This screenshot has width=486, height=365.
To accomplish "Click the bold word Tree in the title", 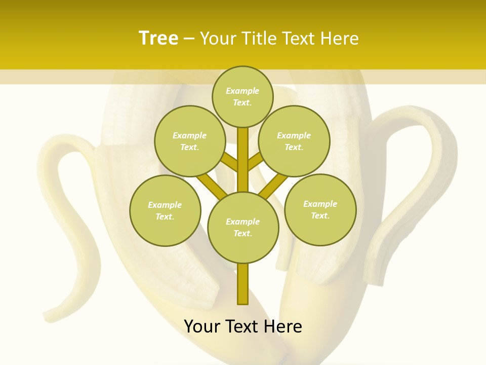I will [158, 39].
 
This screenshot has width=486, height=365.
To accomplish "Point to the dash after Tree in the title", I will [189, 39].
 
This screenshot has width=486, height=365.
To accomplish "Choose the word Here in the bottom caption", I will [283, 326].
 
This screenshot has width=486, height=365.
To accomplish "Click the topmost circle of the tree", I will [242, 96].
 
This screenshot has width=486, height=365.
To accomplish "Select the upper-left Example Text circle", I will [190, 141].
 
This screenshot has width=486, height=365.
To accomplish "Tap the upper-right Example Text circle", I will [294, 141].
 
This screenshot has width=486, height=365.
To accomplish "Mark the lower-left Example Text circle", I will [165, 210].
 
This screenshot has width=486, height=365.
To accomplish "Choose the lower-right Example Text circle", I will [320, 209].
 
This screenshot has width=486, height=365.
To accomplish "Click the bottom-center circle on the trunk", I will [243, 227].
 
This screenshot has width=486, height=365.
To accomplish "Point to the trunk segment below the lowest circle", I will [243, 284].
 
